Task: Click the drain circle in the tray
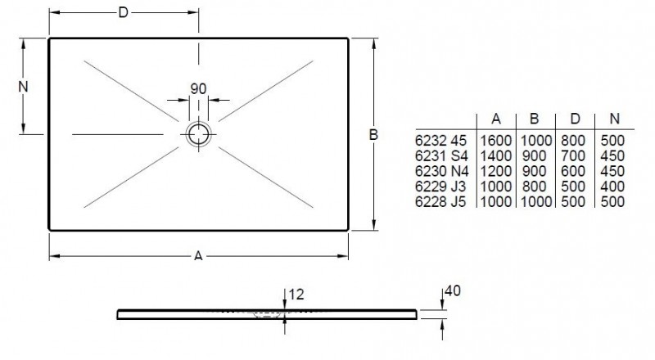(198, 133)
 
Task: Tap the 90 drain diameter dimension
(198, 88)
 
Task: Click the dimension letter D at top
(124, 12)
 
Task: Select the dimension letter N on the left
(24, 86)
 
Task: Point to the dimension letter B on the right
(372, 137)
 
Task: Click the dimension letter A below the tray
(197, 257)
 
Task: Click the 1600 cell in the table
(496, 141)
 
